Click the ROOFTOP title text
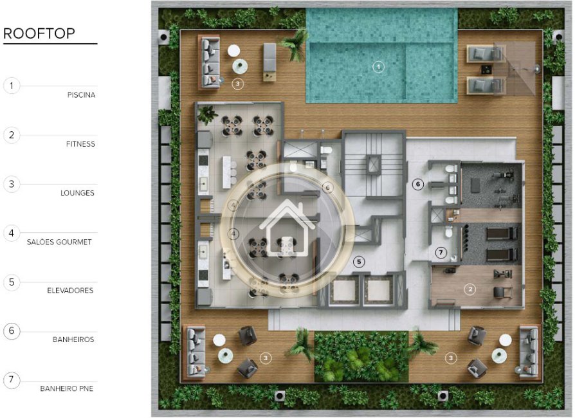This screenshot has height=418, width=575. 39,33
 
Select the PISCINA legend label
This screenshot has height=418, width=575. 81,95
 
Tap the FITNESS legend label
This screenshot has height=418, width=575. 80,144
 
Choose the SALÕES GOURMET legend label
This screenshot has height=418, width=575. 59,242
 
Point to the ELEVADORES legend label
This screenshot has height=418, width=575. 70,291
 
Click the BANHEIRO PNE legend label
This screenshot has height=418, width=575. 66,388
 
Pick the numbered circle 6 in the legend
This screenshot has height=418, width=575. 12,331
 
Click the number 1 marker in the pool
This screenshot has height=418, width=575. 378,67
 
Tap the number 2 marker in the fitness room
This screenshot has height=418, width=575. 470,289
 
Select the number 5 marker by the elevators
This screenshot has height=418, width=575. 359,262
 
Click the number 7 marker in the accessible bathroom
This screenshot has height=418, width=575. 441,252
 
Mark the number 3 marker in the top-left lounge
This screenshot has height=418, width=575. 237,84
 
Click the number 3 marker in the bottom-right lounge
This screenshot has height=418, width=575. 451,358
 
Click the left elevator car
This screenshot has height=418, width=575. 343,291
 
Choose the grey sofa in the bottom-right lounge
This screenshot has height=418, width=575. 529,352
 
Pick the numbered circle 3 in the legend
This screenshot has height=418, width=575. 12,184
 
